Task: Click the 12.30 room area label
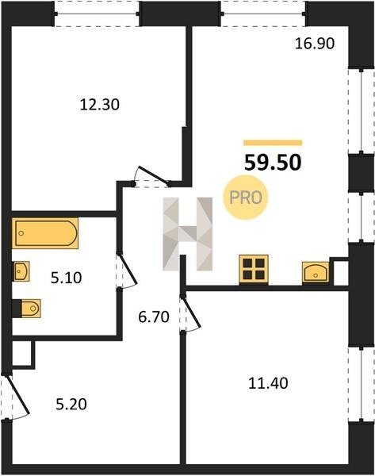point(100,105)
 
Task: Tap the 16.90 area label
point(315,44)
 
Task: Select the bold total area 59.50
point(273,163)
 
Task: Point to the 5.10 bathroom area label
point(66,278)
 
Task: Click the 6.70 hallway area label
point(154,317)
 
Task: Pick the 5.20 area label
point(71,405)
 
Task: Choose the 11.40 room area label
point(268,383)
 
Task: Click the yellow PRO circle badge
point(246,198)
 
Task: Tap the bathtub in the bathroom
point(45,233)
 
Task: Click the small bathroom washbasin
point(21,271)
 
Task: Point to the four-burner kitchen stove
point(254,269)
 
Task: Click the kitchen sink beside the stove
point(316,272)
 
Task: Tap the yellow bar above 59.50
point(273,143)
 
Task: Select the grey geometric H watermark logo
point(187,234)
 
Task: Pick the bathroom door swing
point(128,271)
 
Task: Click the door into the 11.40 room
point(190,313)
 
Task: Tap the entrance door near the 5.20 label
point(17,395)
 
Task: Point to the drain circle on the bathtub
point(21,233)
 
